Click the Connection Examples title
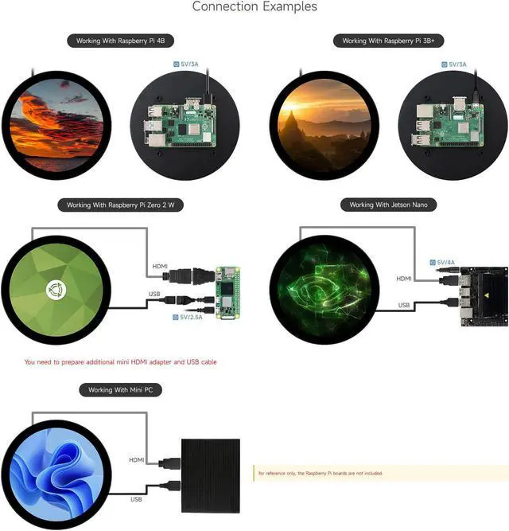click(254, 7)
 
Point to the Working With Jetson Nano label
click(393, 205)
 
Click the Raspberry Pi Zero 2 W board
click(228, 291)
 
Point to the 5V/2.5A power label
click(188, 317)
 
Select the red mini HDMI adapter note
click(120, 361)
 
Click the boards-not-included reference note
click(320, 473)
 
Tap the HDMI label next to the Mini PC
click(136, 460)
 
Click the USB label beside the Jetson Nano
click(404, 305)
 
